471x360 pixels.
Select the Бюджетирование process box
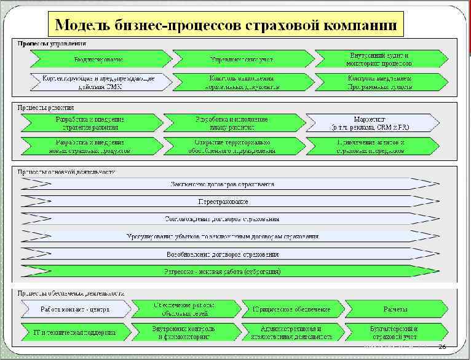coord(98,60)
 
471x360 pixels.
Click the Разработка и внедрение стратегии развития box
coord(90,123)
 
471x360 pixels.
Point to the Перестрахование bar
coord(223,201)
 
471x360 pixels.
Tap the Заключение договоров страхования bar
coord(223,184)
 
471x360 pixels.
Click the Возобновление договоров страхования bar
coord(223,254)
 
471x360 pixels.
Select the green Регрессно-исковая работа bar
coord(223,271)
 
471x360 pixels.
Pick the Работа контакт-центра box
coord(75,309)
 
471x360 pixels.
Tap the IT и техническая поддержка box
coord(75,332)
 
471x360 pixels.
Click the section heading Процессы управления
coord(52,44)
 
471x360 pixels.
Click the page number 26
coord(441,348)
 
